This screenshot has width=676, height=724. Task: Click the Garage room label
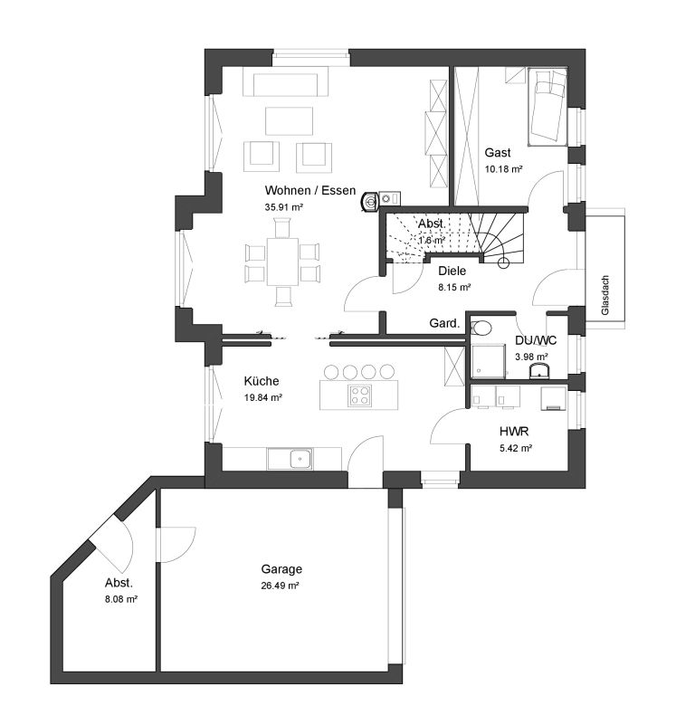(x=281, y=569)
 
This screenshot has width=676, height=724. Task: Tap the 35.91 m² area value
(x=283, y=207)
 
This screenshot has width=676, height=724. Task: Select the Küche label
(x=262, y=381)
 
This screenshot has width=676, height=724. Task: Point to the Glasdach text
(x=605, y=295)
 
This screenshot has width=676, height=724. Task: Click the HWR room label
(x=514, y=432)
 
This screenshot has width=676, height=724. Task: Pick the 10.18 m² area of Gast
(x=503, y=169)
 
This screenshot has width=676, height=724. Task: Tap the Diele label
(x=452, y=271)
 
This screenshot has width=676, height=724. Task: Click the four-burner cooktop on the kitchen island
(x=360, y=395)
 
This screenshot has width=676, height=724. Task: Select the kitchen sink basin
(x=300, y=459)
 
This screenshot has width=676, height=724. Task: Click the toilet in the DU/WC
(x=481, y=329)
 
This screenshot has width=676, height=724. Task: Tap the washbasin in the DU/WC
(x=539, y=371)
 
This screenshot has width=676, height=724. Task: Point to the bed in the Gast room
(x=547, y=108)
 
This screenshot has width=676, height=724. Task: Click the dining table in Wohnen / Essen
(x=282, y=262)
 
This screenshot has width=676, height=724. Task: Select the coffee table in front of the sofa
(x=289, y=121)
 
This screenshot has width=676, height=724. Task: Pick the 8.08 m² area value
(x=121, y=600)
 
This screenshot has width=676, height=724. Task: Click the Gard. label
(x=444, y=323)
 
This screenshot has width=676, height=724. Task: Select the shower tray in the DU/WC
(x=489, y=361)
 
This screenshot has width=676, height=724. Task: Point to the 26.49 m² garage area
(x=280, y=586)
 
